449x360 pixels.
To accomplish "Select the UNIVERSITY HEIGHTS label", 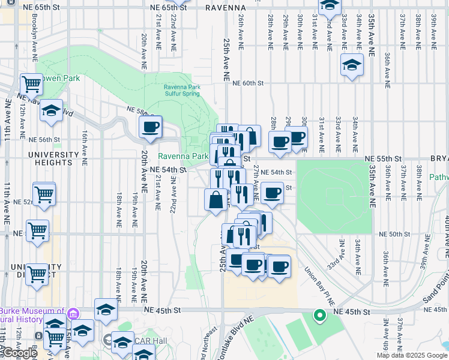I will click(x=45, y=158).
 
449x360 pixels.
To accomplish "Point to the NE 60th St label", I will click(x=244, y=84).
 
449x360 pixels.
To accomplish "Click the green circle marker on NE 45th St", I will click(x=320, y=314).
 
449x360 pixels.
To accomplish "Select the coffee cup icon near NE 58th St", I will click(x=150, y=127).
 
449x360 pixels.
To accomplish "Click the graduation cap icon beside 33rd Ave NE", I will click(x=351, y=64).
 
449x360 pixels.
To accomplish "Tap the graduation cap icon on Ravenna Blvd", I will click(x=52, y=110).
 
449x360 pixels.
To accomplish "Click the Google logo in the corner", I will click(x=20, y=353).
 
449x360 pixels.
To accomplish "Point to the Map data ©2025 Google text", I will click(x=412, y=355).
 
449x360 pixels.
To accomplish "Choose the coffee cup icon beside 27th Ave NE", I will click(x=273, y=193).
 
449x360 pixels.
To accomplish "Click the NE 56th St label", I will click(x=45, y=139).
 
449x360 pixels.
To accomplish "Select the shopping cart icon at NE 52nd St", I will click(x=44, y=194).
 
